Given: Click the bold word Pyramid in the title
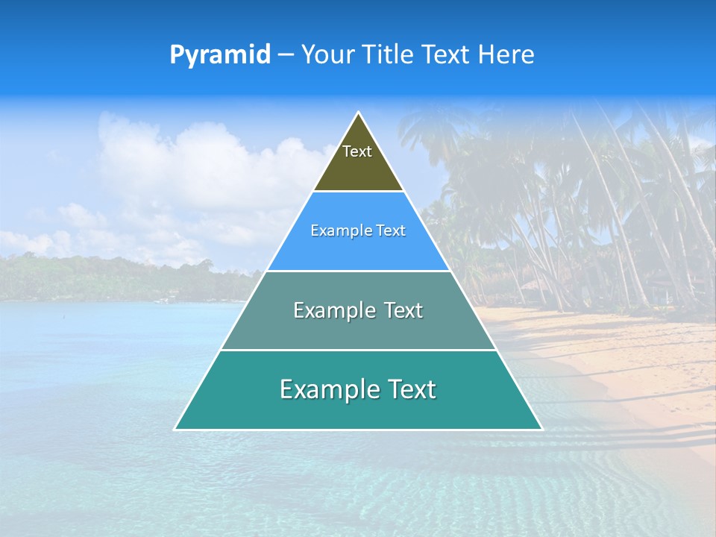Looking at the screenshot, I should coord(220,55).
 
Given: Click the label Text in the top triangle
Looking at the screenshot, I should coord(357,151).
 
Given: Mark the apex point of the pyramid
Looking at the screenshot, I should coord(359,113).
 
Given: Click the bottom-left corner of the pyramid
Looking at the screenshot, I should coord(175,429).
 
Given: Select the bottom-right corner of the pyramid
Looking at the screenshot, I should coord(541,429).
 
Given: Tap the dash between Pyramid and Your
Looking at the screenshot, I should coord(286,55).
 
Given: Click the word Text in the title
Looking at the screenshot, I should coord(447,55).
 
